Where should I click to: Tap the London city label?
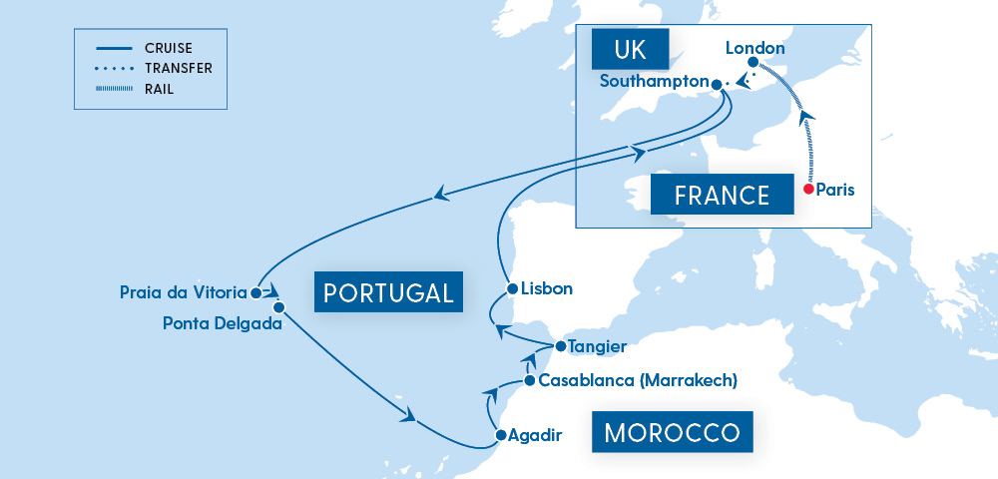(755, 48)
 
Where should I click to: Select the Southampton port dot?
(716, 83)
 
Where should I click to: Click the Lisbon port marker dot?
(511, 288)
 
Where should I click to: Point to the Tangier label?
(597, 346)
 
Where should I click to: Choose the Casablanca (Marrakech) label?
(637, 380)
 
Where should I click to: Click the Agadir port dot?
(501, 435)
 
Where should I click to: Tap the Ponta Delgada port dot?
(279, 307)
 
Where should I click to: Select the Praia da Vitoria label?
(184, 292)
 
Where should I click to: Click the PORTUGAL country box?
(389, 292)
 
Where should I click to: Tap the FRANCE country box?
(723, 194)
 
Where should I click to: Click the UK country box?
(629, 48)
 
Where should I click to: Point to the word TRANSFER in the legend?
(179, 68)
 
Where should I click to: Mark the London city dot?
(753, 63)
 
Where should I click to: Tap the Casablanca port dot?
(529, 380)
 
